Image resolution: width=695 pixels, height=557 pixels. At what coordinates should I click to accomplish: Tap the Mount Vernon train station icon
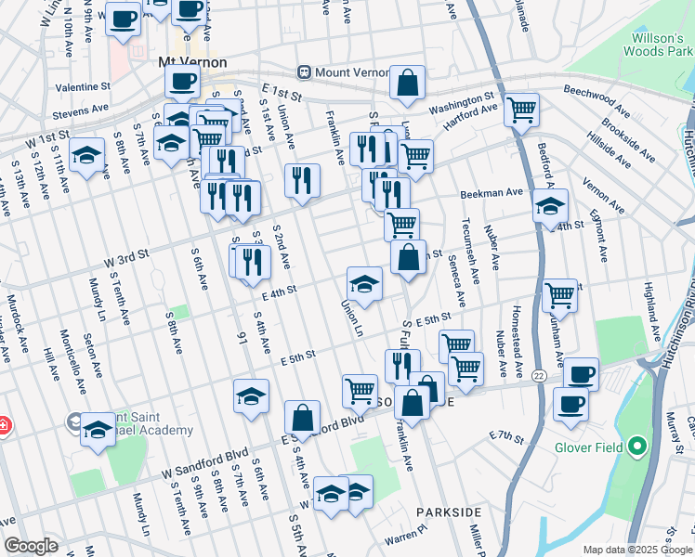pos(303,71)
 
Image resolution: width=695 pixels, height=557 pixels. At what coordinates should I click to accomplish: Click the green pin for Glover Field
pos(636,448)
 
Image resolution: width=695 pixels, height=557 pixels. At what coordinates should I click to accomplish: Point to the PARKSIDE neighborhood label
pos(449,512)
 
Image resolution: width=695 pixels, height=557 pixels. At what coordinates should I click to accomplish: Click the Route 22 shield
pos(538,376)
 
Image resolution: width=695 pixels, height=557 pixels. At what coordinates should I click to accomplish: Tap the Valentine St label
pos(83,86)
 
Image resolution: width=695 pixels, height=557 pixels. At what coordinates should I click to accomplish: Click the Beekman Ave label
pos(492,193)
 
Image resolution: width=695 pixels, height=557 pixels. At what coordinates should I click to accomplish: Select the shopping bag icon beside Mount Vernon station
pos(407,83)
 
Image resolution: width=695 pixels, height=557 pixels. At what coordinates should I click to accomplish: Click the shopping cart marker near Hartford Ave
pos(521,109)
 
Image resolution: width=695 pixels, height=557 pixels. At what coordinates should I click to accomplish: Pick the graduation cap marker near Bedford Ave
pos(550,205)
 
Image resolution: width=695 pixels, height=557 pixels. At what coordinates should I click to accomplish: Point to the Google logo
pos(32,546)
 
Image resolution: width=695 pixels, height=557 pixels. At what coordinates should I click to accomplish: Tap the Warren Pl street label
pos(404,537)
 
